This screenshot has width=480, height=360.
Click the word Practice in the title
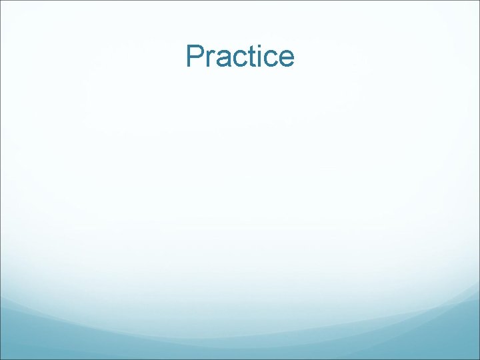pyautogui.click(x=240, y=57)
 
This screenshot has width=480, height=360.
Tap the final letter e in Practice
pyautogui.click(x=285, y=60)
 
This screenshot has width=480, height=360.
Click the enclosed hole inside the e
pyautogui.click(x=285, y=55)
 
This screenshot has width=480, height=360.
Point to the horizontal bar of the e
pyautogui.click(x=285, y=59)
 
